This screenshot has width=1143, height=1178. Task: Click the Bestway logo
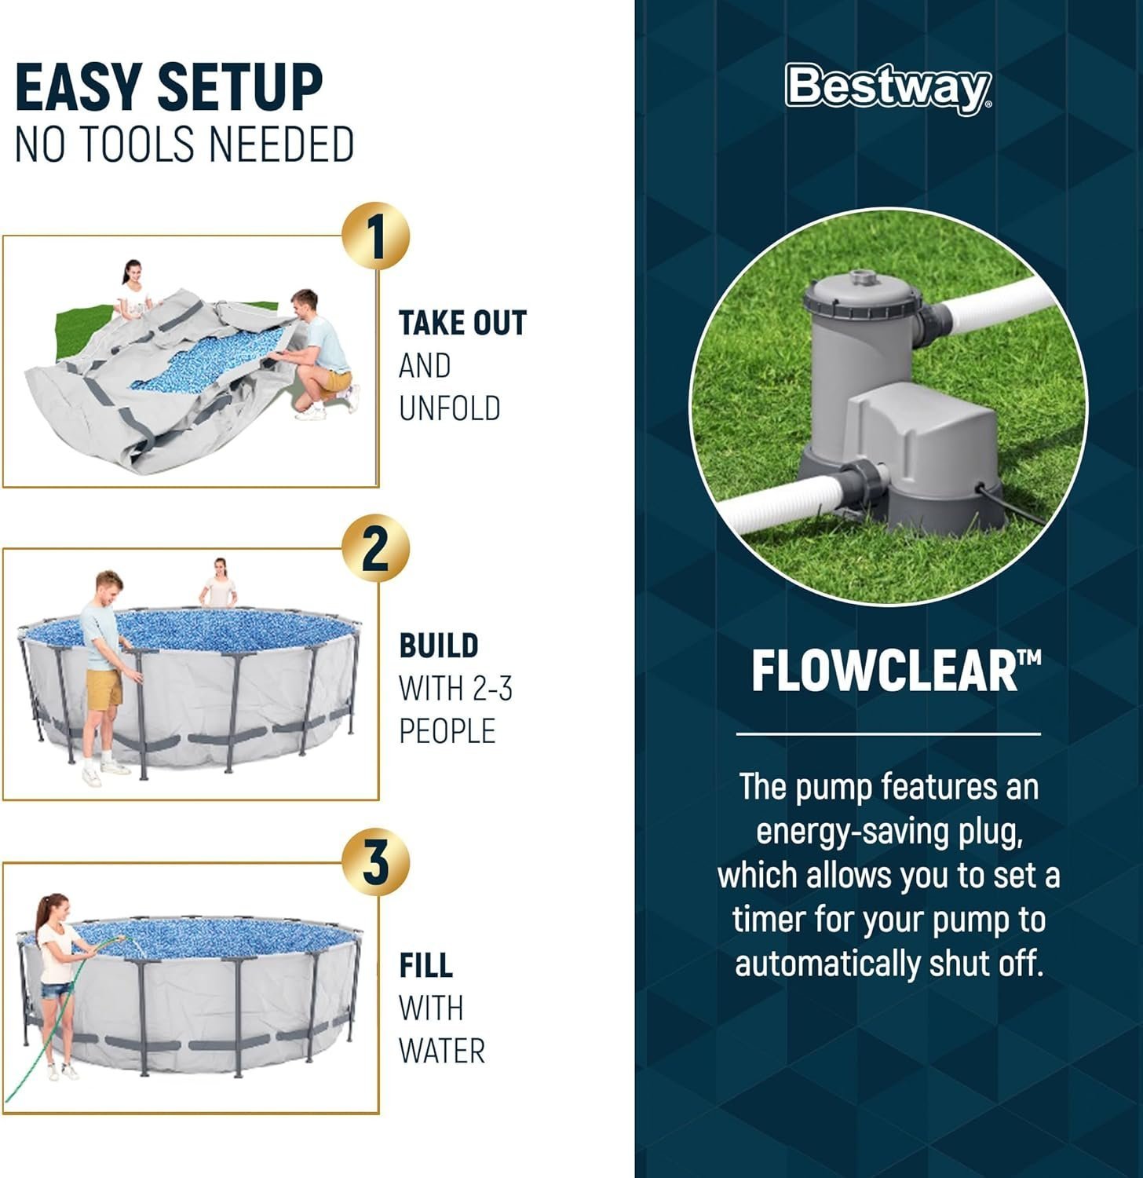click(x=888, y=86)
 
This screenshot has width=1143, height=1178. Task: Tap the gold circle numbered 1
click(x=375, y=236)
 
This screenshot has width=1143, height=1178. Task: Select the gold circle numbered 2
click(x=375, y=548)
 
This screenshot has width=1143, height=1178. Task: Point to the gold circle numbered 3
click(x=375, y=862)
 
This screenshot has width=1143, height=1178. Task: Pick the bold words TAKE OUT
click(x=462, y=323)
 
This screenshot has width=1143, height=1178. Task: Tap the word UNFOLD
click(x=449, y=408)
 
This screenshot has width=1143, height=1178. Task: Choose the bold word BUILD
click(x=438, y=646)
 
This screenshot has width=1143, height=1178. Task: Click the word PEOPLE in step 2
click(x=447, y=731)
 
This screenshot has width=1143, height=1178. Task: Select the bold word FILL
click(x=425, y=965)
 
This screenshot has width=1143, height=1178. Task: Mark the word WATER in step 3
click(x=441, y=1051)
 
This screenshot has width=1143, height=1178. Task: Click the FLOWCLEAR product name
click(x=887, y=671)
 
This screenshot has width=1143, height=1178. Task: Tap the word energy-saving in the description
click(x=854, y=831)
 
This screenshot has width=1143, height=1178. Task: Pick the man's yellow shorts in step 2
click(x=104, y=689)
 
